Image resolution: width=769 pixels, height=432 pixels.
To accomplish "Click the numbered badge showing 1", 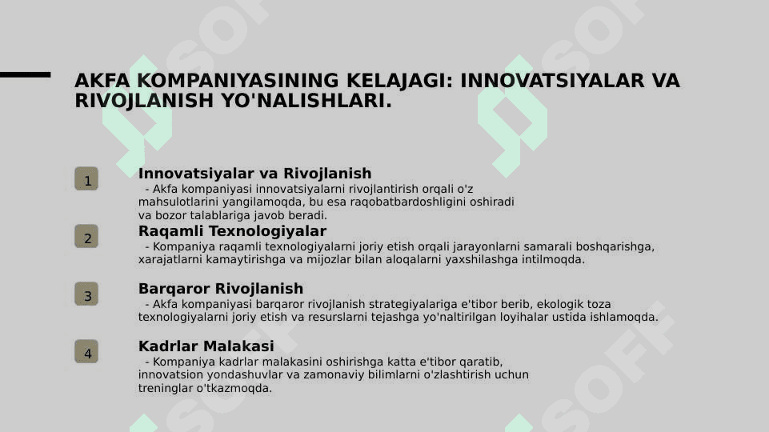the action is pos(86,178).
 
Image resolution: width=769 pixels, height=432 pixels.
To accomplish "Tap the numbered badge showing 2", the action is pos(86,236).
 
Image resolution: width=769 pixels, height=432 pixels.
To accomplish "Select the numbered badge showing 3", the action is pos(86,294).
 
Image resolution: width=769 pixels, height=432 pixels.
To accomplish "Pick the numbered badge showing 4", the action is pos(86,351).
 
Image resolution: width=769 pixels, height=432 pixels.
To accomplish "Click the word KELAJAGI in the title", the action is pos(399,81).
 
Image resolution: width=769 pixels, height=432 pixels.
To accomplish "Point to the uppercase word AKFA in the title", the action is pos(102,81).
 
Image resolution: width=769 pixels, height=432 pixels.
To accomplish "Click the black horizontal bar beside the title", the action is pos(25,74).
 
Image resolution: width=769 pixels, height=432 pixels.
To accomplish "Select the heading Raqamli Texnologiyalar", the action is pos(232,231).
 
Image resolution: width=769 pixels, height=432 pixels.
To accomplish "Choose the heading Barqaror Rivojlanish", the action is pos(221,288).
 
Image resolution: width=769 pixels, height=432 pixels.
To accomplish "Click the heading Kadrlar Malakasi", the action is pos(206,346).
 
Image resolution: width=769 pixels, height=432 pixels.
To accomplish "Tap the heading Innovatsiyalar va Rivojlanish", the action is pos(255,174).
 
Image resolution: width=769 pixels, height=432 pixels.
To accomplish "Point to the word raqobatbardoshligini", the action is pos(408,202).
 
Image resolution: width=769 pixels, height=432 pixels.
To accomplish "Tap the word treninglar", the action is pos(166,388).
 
